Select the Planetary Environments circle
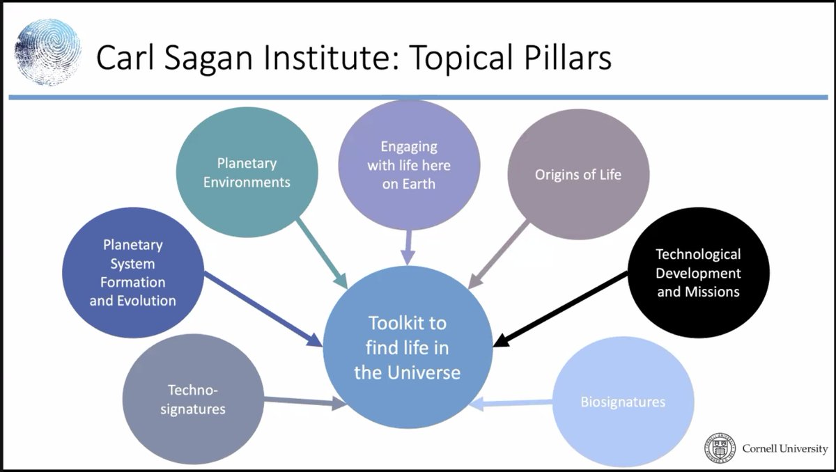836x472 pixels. click(247, 173)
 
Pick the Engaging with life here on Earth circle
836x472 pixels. click(408, 166)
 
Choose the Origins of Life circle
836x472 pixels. click(578, 174)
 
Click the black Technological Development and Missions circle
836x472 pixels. click(698, 273)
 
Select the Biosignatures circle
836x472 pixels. click(623, 402)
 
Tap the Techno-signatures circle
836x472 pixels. click(193, 400)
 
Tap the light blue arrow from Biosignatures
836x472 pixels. click(512, 403)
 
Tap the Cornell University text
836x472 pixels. click(784, 448)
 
